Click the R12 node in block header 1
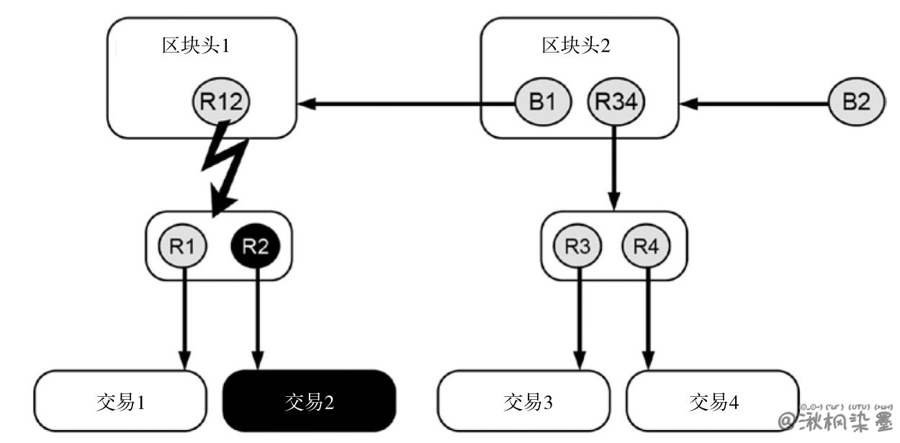(221, 102)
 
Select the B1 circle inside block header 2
(543, 102)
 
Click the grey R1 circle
(183, 246)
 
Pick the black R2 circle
(255, 246)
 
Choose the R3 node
(577, 246)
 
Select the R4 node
(646, 246)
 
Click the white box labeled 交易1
(121, 401)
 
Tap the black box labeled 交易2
(310, 401)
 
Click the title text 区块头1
(196, 46)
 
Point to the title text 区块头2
(576, 46)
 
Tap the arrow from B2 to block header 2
(756, 104)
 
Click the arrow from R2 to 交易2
(256, 317)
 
